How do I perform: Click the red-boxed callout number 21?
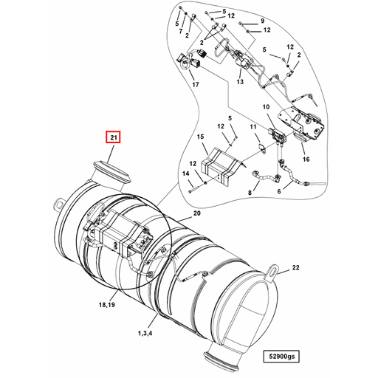tap(114, 137)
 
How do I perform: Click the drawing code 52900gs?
tap(280, 357)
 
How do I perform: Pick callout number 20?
tap(196, 214)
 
